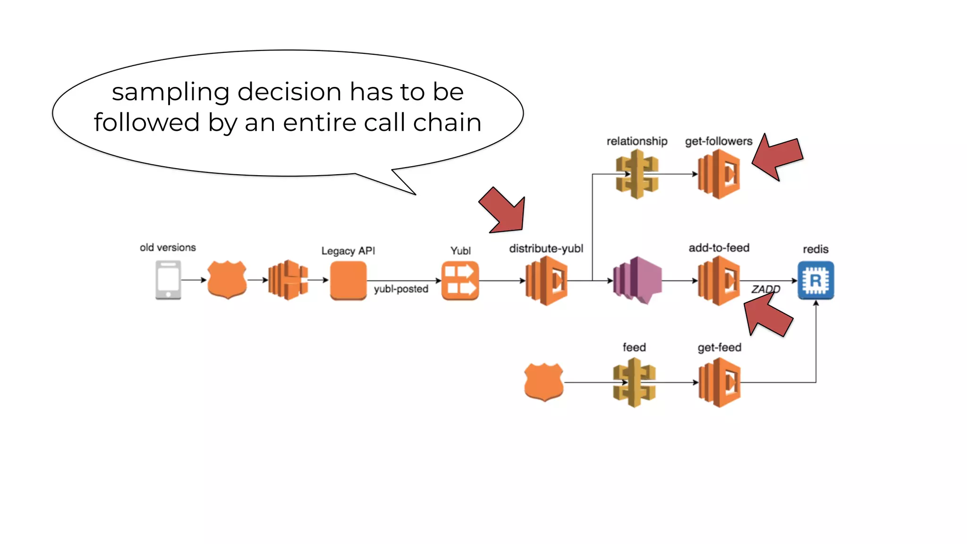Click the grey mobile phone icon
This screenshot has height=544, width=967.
[168, 280]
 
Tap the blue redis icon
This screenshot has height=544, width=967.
[815, 280]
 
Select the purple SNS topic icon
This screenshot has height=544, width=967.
[637, 280]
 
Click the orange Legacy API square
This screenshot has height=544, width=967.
[348, 280]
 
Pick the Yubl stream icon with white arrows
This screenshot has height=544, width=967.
[460, 280]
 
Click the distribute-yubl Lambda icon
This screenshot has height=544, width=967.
[546, 280]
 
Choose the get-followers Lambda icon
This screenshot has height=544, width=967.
[719, 174]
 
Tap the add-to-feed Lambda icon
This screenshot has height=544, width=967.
[719, 280]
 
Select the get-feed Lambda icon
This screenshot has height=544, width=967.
[719, 382]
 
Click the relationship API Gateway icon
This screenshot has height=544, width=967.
[637, 174]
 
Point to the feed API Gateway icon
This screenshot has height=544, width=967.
[634, 382]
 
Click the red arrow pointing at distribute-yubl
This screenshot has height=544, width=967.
[504, 212]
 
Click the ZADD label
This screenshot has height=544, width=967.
[765, 289]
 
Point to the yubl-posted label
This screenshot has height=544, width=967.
[401, 289]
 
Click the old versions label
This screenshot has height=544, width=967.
[168, 247]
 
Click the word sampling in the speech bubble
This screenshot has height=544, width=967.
[170, 92]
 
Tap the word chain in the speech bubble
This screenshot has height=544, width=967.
[447, 123]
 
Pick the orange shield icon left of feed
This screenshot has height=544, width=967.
[543, 382]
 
